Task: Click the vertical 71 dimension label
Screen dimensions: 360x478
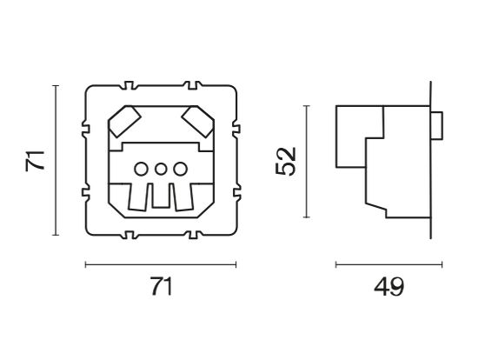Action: pyautogui.click(x=34, y=161)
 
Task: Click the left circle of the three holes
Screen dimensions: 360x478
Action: pyautogui.click(x=143, y=169)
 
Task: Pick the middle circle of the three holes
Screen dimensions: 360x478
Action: pyautogui.click(x=162, y=169)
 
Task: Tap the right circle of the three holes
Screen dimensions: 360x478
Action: pyautogui.click(x=179, y=169)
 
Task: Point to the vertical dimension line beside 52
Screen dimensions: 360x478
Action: pyautogui.click(x=307, y=161)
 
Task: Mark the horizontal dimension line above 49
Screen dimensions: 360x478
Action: pyautogui.click(x=388, y=264)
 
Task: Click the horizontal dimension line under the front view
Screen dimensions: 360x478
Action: pyautogui.click(x=162, y=264)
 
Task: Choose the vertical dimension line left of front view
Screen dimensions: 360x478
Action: pyautogui.click(x=56, y=161)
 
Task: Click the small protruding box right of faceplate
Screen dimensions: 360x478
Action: pyautogui.click(x=437, y=125)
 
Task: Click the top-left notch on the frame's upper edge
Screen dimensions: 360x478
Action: pyautogui.click(x=129, y=87)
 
